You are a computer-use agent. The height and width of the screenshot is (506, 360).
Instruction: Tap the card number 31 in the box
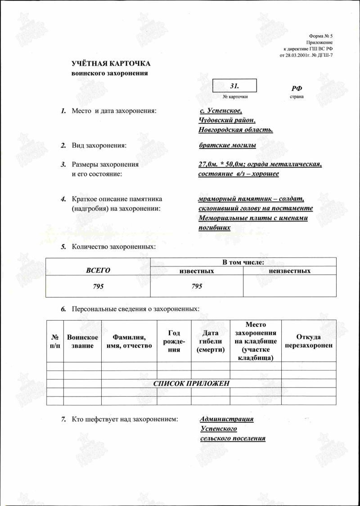coord(234,85)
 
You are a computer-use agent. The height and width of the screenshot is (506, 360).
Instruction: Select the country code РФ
coord(297,88)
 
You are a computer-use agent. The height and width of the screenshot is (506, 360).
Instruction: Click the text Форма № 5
coord(321,35)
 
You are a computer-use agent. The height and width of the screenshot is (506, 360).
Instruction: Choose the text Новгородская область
coord(236,130)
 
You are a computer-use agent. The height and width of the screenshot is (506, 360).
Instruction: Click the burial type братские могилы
coord(227,145)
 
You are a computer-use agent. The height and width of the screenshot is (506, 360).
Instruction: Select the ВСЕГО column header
coord(98,270)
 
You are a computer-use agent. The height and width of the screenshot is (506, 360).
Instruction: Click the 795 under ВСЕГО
coord(98,286)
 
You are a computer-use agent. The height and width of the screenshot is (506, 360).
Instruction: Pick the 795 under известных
coord(197,286)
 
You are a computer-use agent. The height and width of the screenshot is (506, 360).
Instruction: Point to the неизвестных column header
coord(289,271)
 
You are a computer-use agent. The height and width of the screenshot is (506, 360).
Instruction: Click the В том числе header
coord(243,262)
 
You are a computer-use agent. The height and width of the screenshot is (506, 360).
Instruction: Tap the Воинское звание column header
coord(82,341)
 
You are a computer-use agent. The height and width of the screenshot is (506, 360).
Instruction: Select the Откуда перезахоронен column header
coord(308,341)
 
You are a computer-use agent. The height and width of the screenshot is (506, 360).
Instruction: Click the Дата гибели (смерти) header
coord(211,341)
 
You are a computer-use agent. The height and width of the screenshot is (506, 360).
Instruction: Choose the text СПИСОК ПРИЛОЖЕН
coord(192,384)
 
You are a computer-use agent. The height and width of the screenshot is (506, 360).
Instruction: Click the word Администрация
coord(227,419)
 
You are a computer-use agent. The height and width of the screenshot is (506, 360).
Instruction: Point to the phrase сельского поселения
coord(233,438)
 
